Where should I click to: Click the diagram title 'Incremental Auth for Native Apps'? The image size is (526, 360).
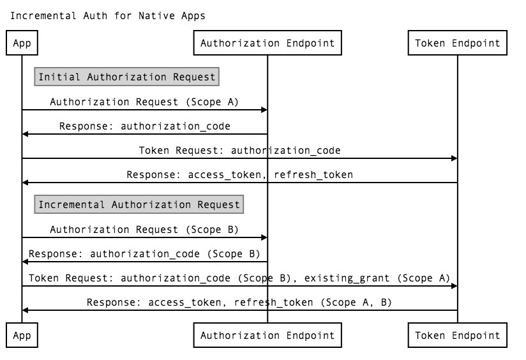point(107,15)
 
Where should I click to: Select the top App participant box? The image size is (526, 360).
point(22,43)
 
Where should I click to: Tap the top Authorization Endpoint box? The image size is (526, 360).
point(267,43)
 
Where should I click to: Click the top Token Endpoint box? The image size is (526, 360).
point(458,43)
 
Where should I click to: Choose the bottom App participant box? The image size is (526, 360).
point(22,335)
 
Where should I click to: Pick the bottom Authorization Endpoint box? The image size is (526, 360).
point(267,335)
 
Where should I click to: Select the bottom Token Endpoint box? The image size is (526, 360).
point(458,335)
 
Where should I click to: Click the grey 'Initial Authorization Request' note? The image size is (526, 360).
point(127,77)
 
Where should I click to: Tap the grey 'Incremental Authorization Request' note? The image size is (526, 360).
point(139,205)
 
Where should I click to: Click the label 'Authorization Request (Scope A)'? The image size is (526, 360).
point(144,101)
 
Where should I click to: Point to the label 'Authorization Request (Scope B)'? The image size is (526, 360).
point(144,229)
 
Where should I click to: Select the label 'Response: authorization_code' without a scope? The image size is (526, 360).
point(144,126)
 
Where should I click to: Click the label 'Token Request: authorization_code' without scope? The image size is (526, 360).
point(239,151)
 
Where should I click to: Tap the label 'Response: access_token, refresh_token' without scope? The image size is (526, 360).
point(239,174)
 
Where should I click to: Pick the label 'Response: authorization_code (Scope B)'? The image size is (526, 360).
point(144,253)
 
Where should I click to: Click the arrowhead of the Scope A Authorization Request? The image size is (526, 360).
point(264,110)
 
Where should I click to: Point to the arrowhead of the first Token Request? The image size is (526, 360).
point(454,158)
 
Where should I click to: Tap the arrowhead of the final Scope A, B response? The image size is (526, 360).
point(26,310)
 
